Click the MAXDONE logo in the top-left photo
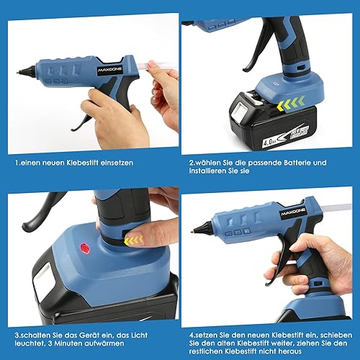click(x=110, y=70)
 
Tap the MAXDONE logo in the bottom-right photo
click(x=293, y=212)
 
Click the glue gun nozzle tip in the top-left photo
click(x=18, y=71)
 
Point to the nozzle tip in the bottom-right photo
click(x=193, y=232)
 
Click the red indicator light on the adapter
click(x=84, y=248)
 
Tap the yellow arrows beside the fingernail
click(x=134, y=240)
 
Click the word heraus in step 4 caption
click(x=290, y=351)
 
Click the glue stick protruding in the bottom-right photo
click(x=337, y=207)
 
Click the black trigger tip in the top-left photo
click(x=73, y=130)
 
